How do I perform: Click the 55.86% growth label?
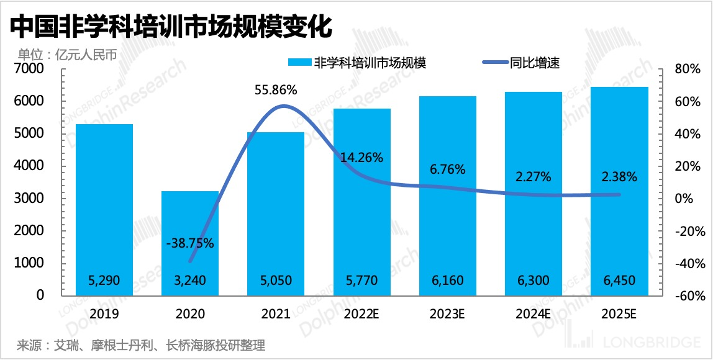pos(276,90)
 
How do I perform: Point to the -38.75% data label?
pos(190,243)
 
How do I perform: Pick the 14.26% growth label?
pos(361,157)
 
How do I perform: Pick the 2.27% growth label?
pos(534,177)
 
